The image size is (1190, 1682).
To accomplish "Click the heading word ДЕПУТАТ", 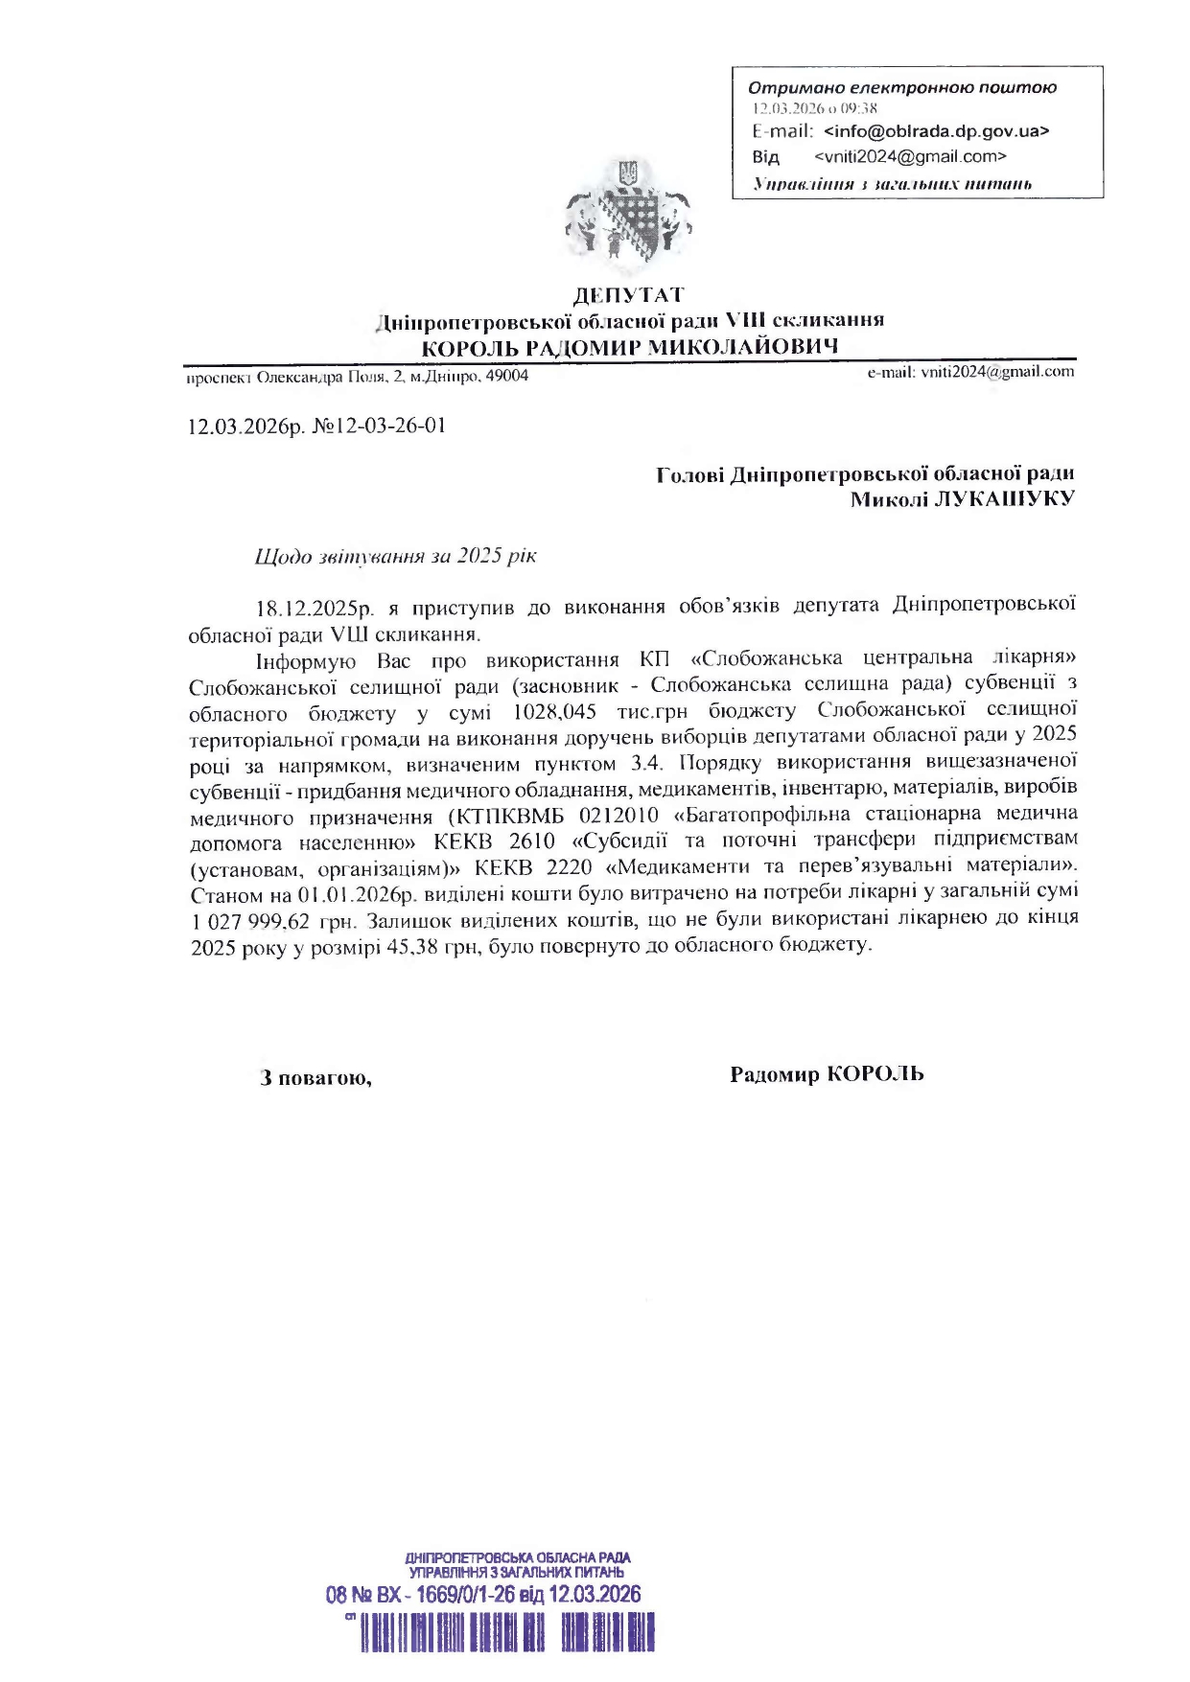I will coord(628,295).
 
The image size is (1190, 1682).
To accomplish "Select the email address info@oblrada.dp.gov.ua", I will coord(936,131).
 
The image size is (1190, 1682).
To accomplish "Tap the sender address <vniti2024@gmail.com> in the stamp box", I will coord(910,156).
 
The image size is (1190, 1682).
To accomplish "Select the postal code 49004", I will coord(507,376).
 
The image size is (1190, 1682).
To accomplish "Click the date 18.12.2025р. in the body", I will coord(313,608).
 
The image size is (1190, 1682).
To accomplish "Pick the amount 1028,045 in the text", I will coord(554,712).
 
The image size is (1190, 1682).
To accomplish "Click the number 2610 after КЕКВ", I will coord(532,841).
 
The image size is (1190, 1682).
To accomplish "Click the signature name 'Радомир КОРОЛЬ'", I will coord(827,1074).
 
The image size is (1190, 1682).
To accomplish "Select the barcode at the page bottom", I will coord(507,1632).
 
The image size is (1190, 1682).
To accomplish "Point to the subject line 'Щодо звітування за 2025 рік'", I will coord(395,557).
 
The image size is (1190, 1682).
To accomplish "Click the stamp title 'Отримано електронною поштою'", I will coord(901,88).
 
